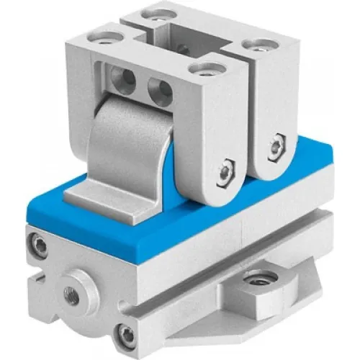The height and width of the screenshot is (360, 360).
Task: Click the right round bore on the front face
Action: [160, 90]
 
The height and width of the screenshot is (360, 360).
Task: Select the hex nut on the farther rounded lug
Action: [274, 148]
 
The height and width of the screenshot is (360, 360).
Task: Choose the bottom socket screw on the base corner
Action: [127, 333]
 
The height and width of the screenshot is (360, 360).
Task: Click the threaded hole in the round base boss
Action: [71, 293]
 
